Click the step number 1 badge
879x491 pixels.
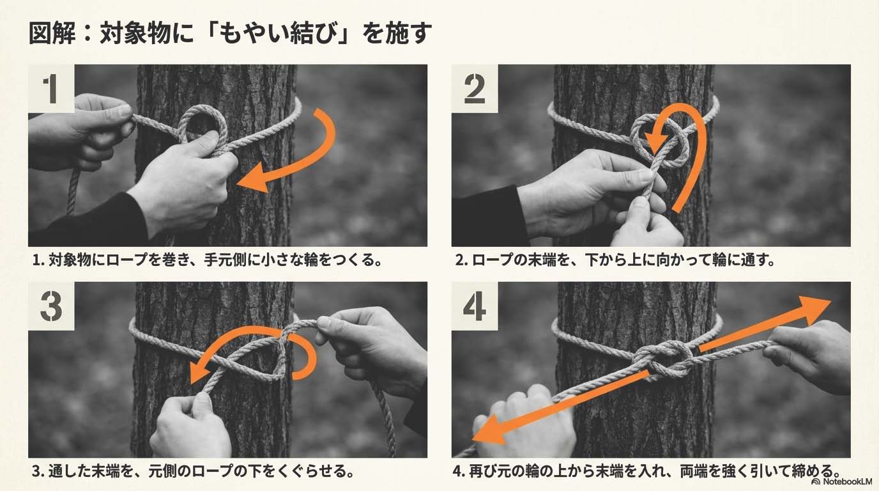[51, 89]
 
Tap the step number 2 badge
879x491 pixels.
[475, 89]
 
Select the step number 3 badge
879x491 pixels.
[51, 306]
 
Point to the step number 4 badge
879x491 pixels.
[475, 306]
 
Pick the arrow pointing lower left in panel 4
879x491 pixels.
[560, 409]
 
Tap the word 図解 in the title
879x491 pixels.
[52, 33]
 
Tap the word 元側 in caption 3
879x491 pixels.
[162, 471]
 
